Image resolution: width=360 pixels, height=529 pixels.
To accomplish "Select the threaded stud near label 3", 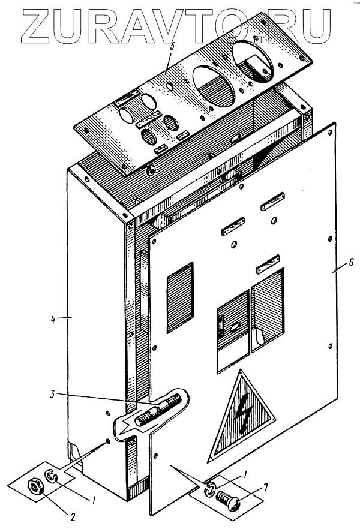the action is click(158, 411).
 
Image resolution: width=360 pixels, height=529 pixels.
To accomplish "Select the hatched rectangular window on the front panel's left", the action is click(179, 296).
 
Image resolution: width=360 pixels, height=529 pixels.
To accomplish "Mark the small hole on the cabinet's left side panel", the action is click(107, 441).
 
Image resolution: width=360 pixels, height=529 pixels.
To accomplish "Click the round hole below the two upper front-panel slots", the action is click(233, 244).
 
